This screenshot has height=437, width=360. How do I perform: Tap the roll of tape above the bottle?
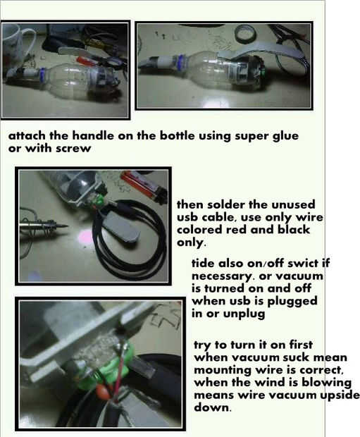245,33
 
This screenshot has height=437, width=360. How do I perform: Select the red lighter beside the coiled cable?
144,184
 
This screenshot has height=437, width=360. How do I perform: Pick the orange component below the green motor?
101,390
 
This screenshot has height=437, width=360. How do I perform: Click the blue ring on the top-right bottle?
180,62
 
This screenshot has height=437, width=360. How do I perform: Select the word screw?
73,149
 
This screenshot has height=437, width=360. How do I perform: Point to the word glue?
285,137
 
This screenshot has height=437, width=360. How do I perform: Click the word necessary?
221,277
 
